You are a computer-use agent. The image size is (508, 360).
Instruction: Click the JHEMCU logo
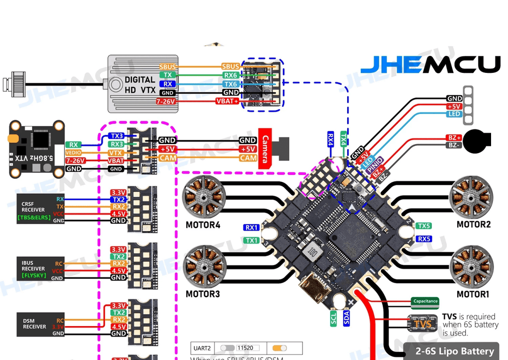(x=430, y=64)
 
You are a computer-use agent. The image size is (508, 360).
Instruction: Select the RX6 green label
(x=230, y=75)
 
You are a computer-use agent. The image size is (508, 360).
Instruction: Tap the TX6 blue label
(x=230, y=84)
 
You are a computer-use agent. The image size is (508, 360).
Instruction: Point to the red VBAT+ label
(x=228, y=101)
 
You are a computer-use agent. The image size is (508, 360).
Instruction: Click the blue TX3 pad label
(x=117, y=136)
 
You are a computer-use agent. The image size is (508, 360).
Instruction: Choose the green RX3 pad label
(x=117, y=144)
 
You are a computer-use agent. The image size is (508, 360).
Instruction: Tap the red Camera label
(x=265, y=148)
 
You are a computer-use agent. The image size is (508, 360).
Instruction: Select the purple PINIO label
(x=375, y=165)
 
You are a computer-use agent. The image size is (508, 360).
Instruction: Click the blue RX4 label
(x=330, y=139)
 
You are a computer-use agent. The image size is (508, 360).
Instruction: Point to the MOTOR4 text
(x=203, y=225)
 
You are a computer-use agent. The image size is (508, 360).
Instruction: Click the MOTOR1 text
(x=473, y=294)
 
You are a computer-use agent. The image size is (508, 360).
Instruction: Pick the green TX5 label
(x=424, y=226)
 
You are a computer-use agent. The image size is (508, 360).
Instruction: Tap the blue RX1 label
(x=252, y=228)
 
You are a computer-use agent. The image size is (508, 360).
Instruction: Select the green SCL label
(x=333, y=320)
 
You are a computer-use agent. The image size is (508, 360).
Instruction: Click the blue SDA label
(x=347, y=320)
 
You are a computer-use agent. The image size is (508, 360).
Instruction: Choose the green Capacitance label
(x=425, y=301)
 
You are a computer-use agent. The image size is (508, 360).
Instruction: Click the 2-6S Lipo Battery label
(x=454, y=351)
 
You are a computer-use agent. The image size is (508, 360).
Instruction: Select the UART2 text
(x=203, y=348)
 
